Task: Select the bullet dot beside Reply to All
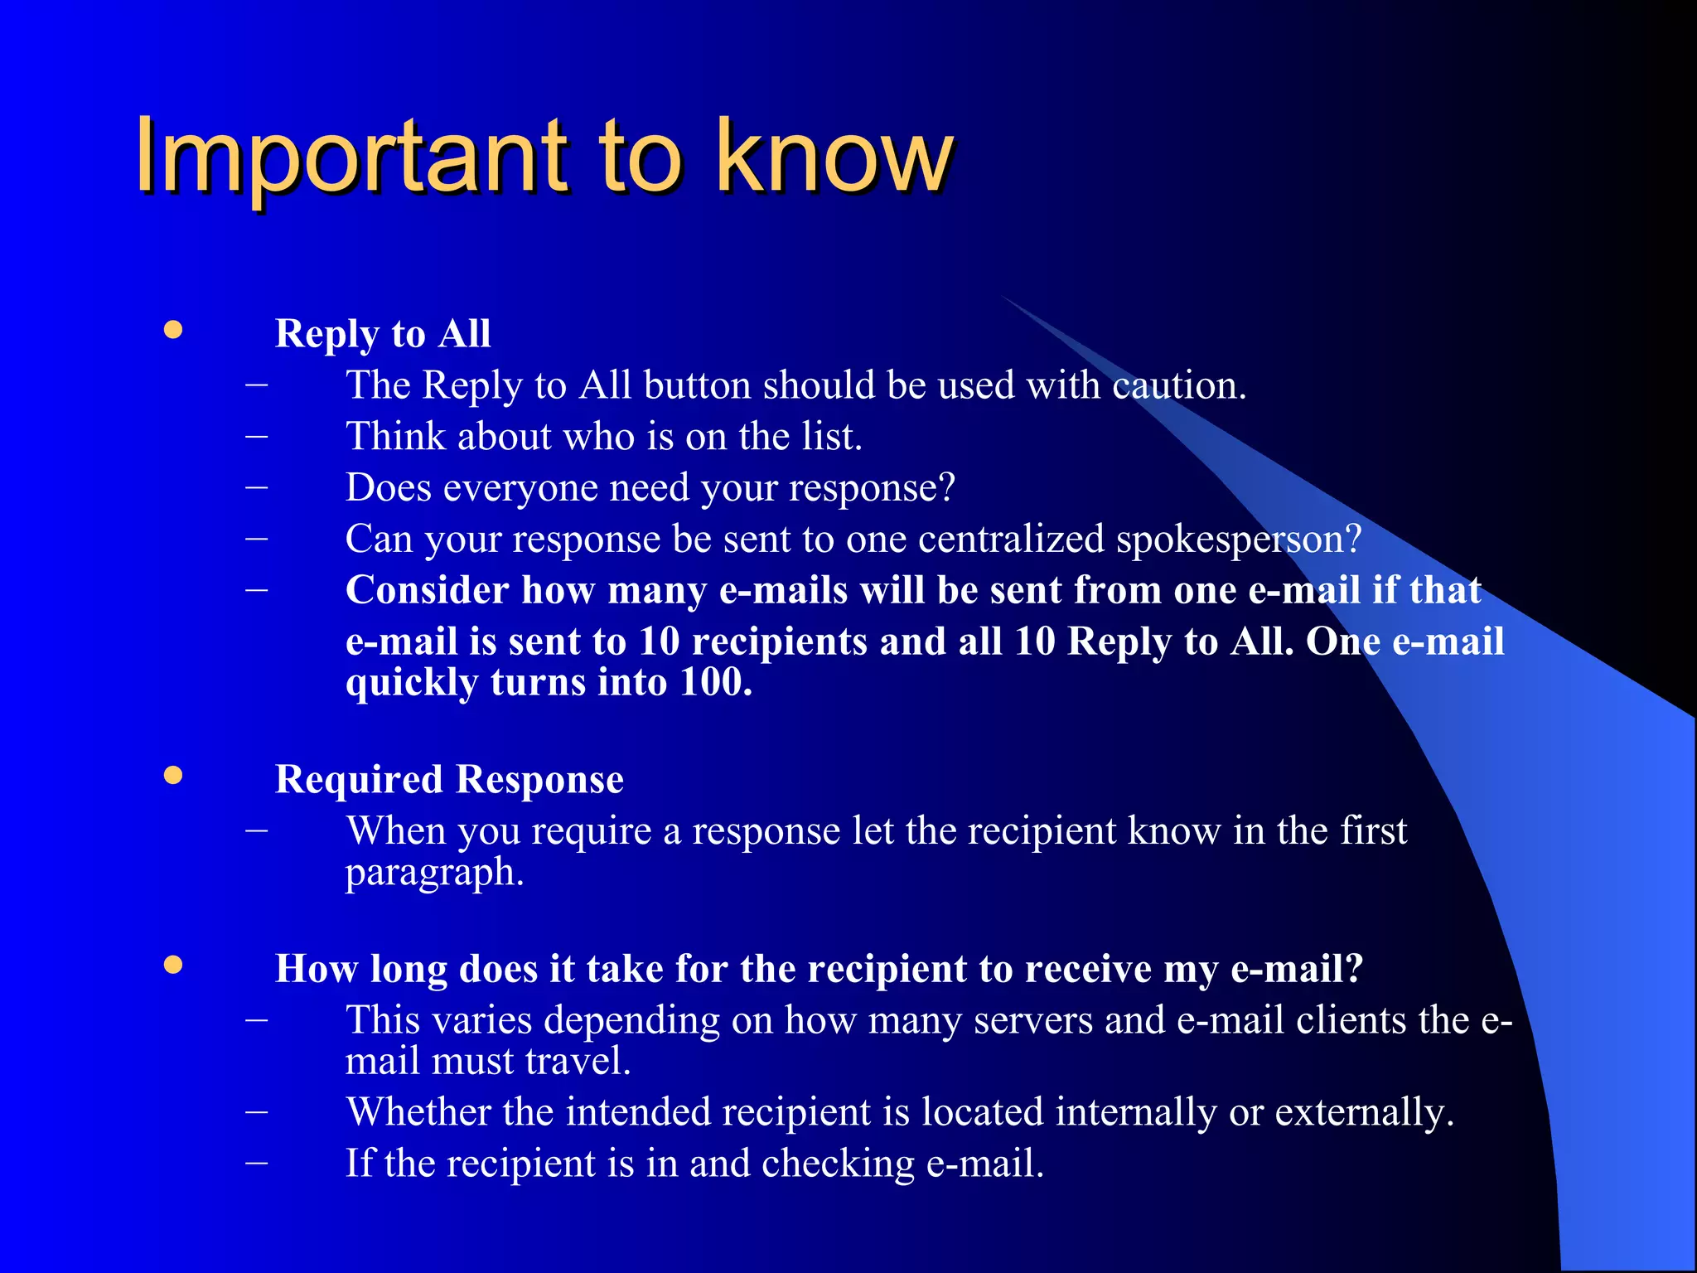click(x=172, y=331)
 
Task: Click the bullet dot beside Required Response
click(x=172, y=776)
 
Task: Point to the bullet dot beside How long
click(x=172, y=965)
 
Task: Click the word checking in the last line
click(x=838, y=1164)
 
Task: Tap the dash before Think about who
click(x=257, y=436)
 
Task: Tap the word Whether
click(x=418, y=1112)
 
